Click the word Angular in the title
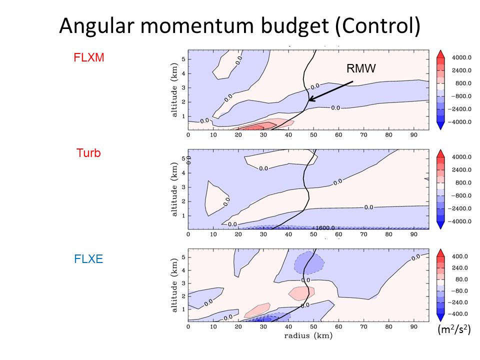[x=96, y=26]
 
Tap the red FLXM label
[x=89, y=57]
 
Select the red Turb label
[x=88, y=153]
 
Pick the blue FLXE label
[x=88, y=259]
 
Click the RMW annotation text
[x=361, y=68]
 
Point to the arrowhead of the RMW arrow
[x=309, y=100]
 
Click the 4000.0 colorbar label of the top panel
[x=461, y=57]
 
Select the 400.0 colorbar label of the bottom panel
[x=460, y=256]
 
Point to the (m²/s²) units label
[x=454, y=329]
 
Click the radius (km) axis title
[x=308, y=336]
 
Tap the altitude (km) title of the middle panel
[x=174, y=189]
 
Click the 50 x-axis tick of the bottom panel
[x=313, y=326]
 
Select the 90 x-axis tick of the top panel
[x=413, y=135]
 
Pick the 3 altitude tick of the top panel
[x=183, y=88]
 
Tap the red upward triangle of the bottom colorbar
[x=440, y=253]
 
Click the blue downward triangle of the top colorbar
[x=440, y=125]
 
